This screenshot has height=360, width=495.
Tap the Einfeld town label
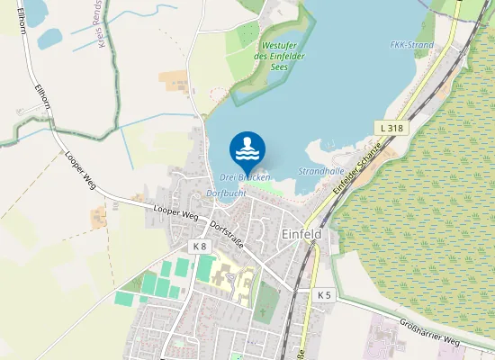pos(301,232)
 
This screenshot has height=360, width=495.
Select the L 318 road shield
pos(392,129)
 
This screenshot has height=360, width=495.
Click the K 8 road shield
pos(199,246)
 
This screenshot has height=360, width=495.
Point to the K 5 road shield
pos(324,294)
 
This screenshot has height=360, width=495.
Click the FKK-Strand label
pos(412,45)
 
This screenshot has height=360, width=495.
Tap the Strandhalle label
pos(321,170)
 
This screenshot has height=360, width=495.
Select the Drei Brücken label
pos(245,177)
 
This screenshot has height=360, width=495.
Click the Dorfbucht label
pos(227,193)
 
